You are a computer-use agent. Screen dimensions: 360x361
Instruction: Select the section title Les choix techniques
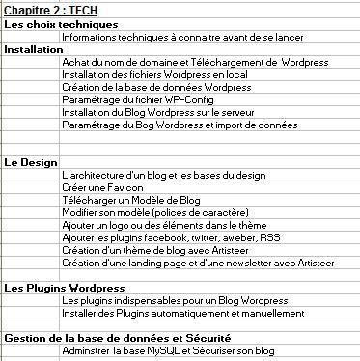pos(61,23)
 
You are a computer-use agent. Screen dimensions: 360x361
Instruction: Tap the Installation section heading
pos(34,48)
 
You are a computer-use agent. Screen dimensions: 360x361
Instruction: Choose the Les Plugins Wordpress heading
pos(64,288)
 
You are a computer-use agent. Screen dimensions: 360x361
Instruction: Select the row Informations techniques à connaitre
pos(181,37)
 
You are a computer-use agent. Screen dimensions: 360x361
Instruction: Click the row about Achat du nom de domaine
pos(180,62)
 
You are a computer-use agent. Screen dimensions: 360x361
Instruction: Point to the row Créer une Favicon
pos(102,187)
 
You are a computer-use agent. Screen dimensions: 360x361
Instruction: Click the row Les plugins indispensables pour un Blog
pos(175,300)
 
